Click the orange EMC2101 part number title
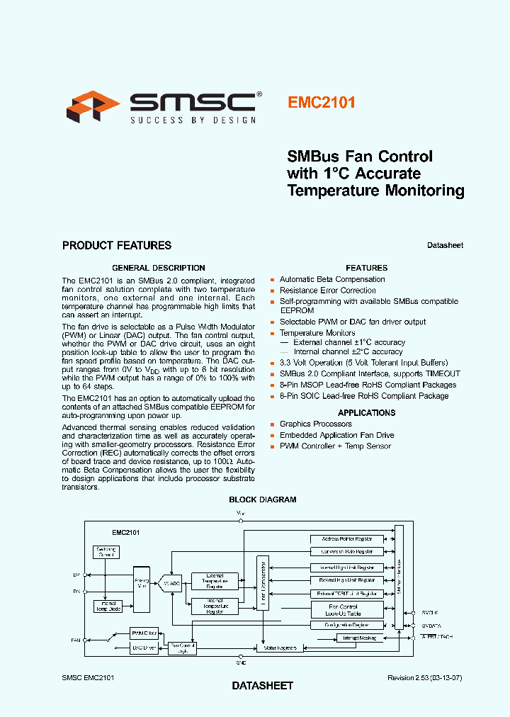click(322, 102)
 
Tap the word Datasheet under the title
click(445, 245)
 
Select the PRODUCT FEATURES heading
click(117, 246)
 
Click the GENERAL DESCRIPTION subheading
click(159, 268)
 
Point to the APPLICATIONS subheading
click(366, 412)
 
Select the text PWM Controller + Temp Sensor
click(335, 446)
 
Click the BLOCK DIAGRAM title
click(262, 499)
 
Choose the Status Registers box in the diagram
click(280, 648)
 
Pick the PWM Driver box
click(144, 633)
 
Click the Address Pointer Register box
click(347, 539)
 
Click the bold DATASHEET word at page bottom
click(262, 686)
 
